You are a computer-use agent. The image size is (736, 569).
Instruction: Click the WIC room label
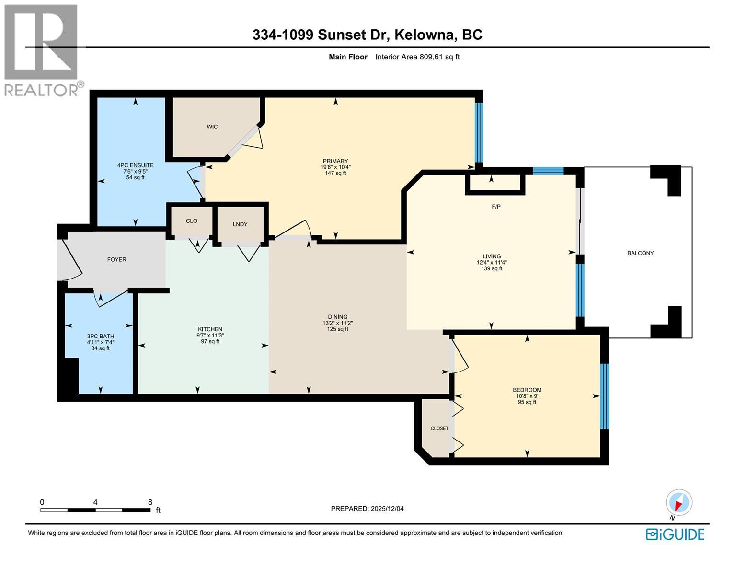[212, 127]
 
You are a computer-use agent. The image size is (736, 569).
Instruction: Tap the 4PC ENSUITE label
[135, 165]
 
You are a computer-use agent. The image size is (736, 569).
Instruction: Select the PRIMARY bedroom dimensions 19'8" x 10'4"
[335, 167]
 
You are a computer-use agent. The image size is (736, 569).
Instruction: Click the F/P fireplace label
[496, 207]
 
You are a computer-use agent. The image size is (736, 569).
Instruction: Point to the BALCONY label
[640, 253]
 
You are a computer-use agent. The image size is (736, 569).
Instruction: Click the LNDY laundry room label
[240, 224]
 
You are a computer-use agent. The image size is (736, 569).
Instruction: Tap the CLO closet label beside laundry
[192, 221]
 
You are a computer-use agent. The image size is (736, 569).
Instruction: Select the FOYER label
[116, 259]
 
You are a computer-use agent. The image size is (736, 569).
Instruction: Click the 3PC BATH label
[101, 336]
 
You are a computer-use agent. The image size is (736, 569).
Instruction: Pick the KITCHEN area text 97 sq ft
[210, 342]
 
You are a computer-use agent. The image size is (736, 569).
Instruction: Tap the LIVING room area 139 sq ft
[492, 269]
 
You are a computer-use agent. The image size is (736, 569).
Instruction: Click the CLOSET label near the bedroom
[439, 428]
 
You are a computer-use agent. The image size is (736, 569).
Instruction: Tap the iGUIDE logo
[675, 534]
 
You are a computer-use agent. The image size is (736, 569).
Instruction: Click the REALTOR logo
[42, 50]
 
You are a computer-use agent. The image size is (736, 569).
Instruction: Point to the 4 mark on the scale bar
[95, 502]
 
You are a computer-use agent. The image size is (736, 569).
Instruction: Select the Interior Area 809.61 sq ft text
[417, 57]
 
